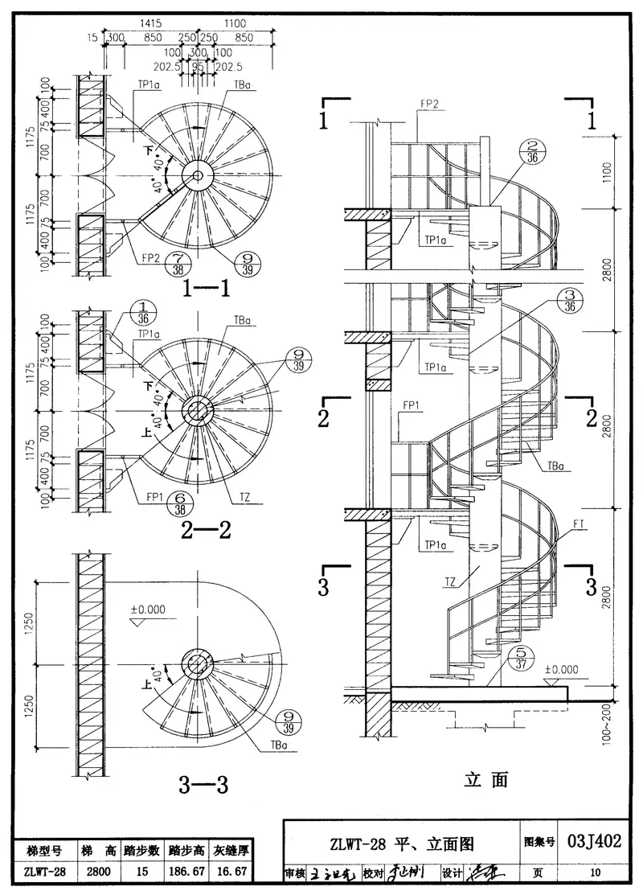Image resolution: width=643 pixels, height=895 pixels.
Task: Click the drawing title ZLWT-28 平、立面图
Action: click(x=401, y=844)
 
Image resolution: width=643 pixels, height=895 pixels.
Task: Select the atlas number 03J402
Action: click(x=594, y=842)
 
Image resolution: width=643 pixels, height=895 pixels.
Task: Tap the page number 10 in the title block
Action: click(x=594, y=872)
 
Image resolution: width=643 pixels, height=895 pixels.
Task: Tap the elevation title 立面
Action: click(x=486, y=778)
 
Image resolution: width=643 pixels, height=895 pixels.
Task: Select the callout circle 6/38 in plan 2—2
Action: click(x=179, y=503)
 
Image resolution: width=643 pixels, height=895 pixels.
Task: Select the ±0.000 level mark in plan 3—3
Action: click(x=148, y=609)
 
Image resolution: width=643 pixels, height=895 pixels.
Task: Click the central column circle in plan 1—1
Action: click(x=195, y=175)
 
